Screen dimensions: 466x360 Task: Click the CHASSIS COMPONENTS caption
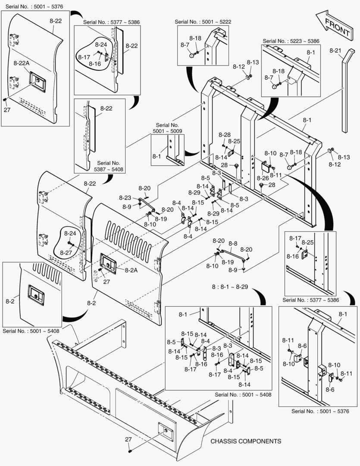[246, 441]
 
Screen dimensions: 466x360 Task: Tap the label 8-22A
[21, 63]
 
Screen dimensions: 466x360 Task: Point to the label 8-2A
[131, 270]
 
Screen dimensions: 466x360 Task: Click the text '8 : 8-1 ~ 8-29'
[229, 287]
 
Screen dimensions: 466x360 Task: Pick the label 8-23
[125, 198]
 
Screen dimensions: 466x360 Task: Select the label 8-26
[263, 178]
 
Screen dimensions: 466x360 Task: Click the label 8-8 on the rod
[233, 243]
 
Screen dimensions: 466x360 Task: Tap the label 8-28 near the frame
[224, 135]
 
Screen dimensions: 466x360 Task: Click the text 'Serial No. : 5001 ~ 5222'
[201, 22]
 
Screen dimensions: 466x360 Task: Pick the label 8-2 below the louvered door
[91, 303]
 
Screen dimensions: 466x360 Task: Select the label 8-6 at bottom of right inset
[330, 390]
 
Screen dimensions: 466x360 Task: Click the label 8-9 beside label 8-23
[126, 207]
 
